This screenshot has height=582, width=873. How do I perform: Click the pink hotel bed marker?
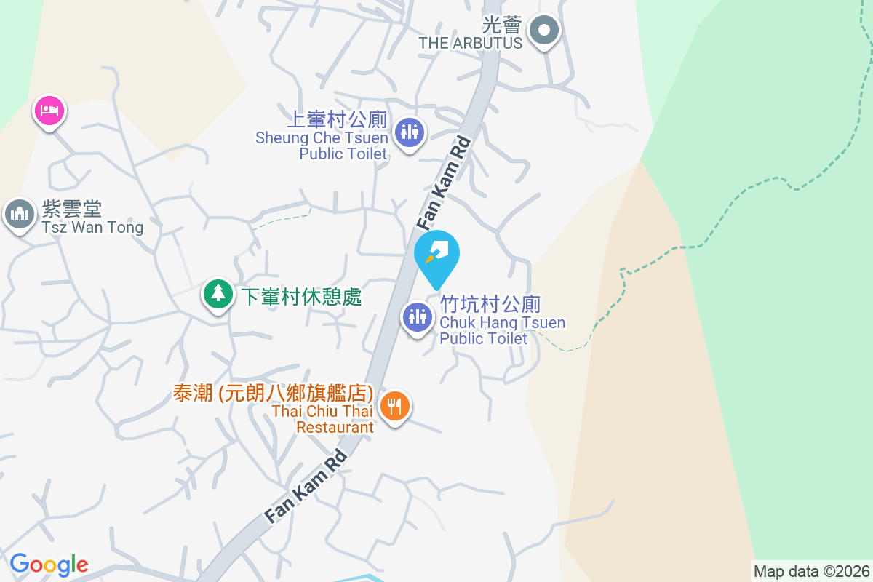tap(49, 111)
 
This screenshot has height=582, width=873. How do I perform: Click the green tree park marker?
tap(218, 294)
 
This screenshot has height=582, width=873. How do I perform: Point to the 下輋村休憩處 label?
tap(301, 297)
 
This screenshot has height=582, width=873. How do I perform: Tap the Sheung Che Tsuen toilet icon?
tap(410, 132)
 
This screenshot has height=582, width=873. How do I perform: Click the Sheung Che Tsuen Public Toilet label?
tap(322, 137)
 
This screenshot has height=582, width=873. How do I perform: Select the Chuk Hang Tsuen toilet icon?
tap(418, 317)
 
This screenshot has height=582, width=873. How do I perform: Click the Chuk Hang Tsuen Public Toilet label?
tap(502, 322)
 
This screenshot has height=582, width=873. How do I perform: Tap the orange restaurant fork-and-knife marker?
tap(394, 406)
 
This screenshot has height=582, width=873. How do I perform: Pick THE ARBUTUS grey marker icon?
tap(543, 31)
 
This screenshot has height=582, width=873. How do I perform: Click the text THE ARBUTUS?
tap(470, 43)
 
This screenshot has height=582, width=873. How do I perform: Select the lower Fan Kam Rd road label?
tap(306, 485)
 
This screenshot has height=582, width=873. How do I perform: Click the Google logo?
tap(49, 565)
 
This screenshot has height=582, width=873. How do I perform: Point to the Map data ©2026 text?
tap(811, 571)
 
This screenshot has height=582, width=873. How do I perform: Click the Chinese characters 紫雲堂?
tap(71, 210)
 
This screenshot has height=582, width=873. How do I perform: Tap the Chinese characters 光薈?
tap(503, 25)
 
